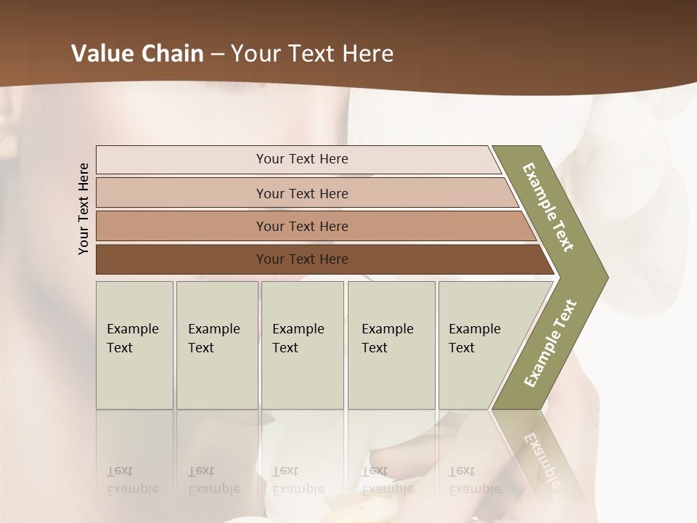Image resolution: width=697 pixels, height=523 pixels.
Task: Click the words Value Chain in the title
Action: click(137, 54)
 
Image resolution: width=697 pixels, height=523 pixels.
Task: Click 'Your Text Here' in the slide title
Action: click(312, 54)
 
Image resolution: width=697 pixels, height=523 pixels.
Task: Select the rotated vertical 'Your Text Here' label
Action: click(83, 208)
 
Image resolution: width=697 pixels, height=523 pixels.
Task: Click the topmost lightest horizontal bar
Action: click(302, 159)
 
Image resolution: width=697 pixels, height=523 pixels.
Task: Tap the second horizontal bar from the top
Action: click(302, 193)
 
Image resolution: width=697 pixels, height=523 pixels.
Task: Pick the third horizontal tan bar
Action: click(302, 226)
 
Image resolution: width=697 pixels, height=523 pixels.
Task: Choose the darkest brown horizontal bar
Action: click(302, 259)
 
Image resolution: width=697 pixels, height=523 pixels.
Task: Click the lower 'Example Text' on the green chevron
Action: click(550, 343)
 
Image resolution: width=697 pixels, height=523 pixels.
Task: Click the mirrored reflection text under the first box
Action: click(132, 480)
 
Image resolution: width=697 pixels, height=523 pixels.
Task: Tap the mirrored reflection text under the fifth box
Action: click(474, 480)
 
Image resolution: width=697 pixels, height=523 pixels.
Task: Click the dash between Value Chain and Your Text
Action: click(217, 54)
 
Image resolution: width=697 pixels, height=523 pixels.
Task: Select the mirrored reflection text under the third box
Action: click(298, 480)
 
